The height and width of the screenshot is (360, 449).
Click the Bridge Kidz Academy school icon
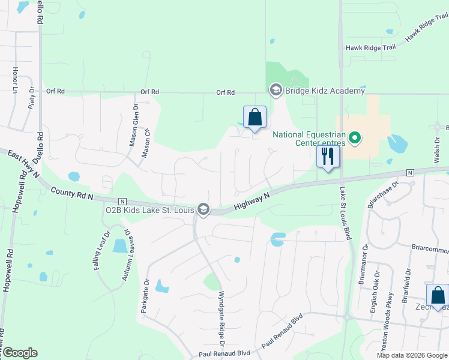[276, 91]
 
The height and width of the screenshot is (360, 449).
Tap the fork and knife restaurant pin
[328, 157]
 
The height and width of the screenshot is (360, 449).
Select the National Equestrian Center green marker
[355, 139]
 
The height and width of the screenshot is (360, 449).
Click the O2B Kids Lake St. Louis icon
[204, 209]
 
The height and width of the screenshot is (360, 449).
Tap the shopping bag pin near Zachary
[438, 296]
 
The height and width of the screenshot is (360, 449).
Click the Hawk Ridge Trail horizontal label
[371, 48]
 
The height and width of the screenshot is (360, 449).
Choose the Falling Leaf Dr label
[101, 251]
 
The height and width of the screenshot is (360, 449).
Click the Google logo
[20, 353]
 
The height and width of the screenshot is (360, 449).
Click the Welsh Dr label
[436, 147]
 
